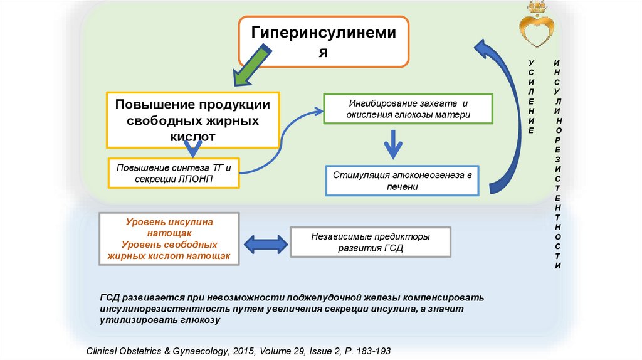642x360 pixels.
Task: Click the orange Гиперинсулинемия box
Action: [x=324, y=41]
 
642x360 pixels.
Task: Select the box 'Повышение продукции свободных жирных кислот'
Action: [x=192, y=120]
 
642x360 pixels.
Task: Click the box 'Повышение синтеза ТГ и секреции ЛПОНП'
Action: [x=174, y=173]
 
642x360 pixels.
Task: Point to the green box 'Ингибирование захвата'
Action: [x=408, y=109]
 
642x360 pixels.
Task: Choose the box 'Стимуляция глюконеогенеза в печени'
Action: [x=402, y=180]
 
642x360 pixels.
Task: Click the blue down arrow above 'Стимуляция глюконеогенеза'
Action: [x=393, y=145]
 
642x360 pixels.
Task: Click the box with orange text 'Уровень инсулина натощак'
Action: [x=169, y=239]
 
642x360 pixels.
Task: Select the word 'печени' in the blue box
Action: [x=402, y=186]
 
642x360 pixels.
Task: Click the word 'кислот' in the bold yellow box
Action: [x=192, y=135]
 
